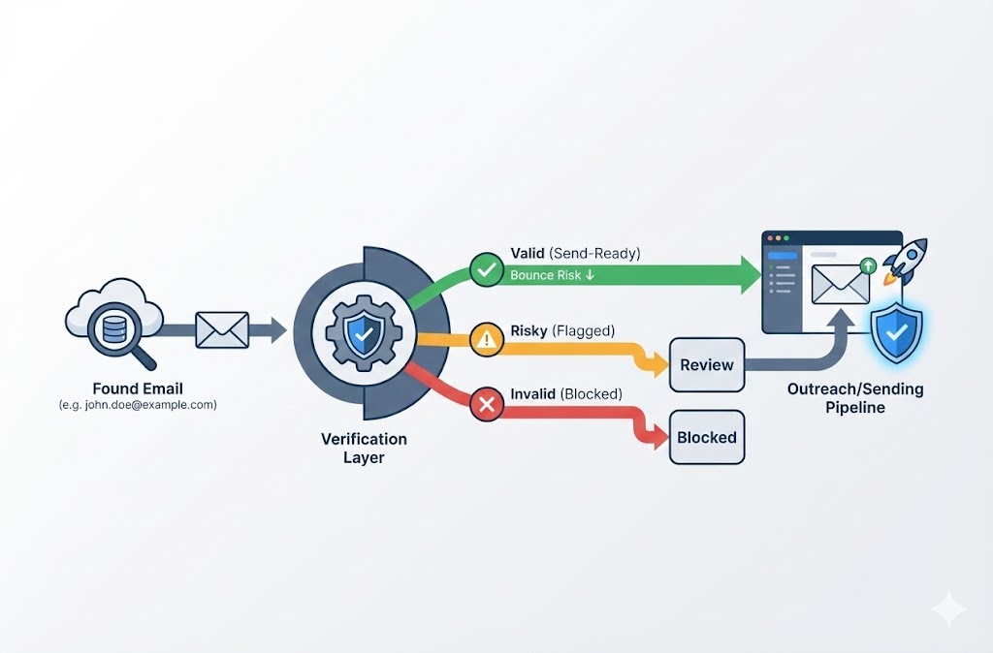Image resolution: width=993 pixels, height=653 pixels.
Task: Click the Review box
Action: tap(707, 365)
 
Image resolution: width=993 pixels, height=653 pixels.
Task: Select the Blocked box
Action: tap(707, 437)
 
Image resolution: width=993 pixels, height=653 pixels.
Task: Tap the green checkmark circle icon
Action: tap(486, 268)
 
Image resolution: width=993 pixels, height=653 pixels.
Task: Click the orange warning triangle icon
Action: tap(486, 338)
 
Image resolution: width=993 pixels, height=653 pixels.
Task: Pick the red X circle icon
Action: tap(486, 404)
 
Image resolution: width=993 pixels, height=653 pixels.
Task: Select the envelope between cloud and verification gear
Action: tap(222, 330)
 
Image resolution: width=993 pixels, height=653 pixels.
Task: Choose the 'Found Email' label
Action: tap(138, 389)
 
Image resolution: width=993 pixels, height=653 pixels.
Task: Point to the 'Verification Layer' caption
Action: tap(364, 448)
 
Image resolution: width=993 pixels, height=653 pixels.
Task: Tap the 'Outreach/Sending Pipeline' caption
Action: tap(855, 398)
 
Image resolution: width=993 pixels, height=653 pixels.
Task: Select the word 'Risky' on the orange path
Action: tap(529, 331)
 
